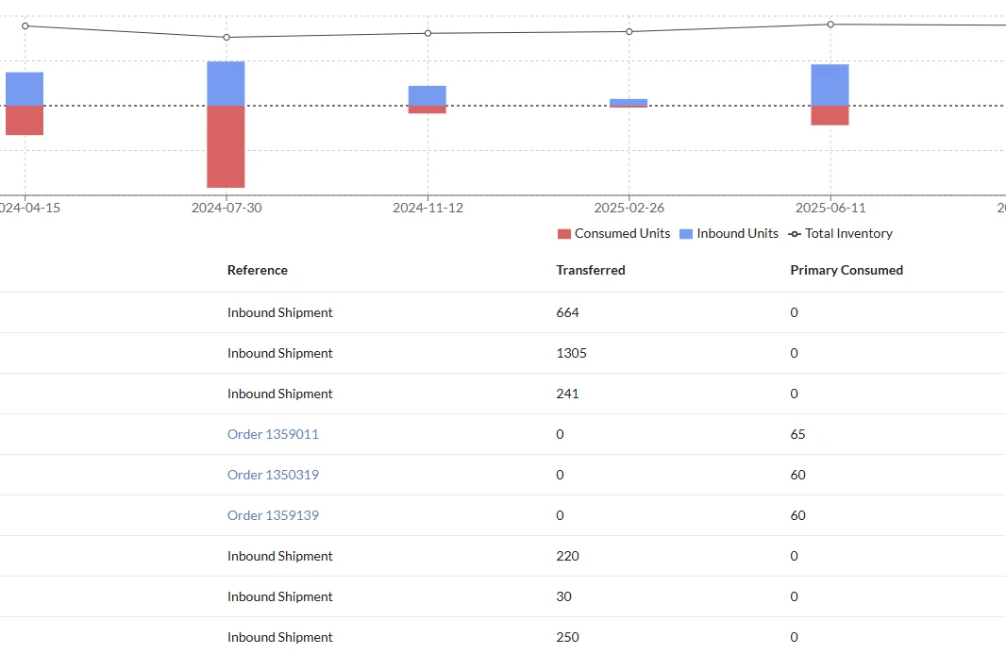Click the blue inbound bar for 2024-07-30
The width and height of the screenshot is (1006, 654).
(226, 83)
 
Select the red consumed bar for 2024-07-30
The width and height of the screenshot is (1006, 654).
(226, 146)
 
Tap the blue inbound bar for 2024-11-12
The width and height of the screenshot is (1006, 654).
(427, 95)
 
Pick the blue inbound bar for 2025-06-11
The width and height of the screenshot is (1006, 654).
(830, 85)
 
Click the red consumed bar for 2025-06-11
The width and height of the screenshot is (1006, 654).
(830, 115)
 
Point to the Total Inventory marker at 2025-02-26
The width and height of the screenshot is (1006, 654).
(629, 31)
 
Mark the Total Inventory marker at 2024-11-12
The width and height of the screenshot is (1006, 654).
(428, 33)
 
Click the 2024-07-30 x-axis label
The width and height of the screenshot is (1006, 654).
(226, 208)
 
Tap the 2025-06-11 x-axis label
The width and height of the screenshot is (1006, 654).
(830, 208)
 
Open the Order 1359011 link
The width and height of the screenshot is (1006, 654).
(273, 434)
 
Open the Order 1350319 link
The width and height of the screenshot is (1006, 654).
(273, 475)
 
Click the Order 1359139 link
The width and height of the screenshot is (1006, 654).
(273, 515)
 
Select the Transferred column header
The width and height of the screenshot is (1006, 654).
(591, 270)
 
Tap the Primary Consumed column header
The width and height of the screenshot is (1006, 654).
(847, 270)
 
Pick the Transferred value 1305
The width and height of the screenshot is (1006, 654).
(571, 353)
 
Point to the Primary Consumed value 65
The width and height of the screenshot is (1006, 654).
(797, 434)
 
